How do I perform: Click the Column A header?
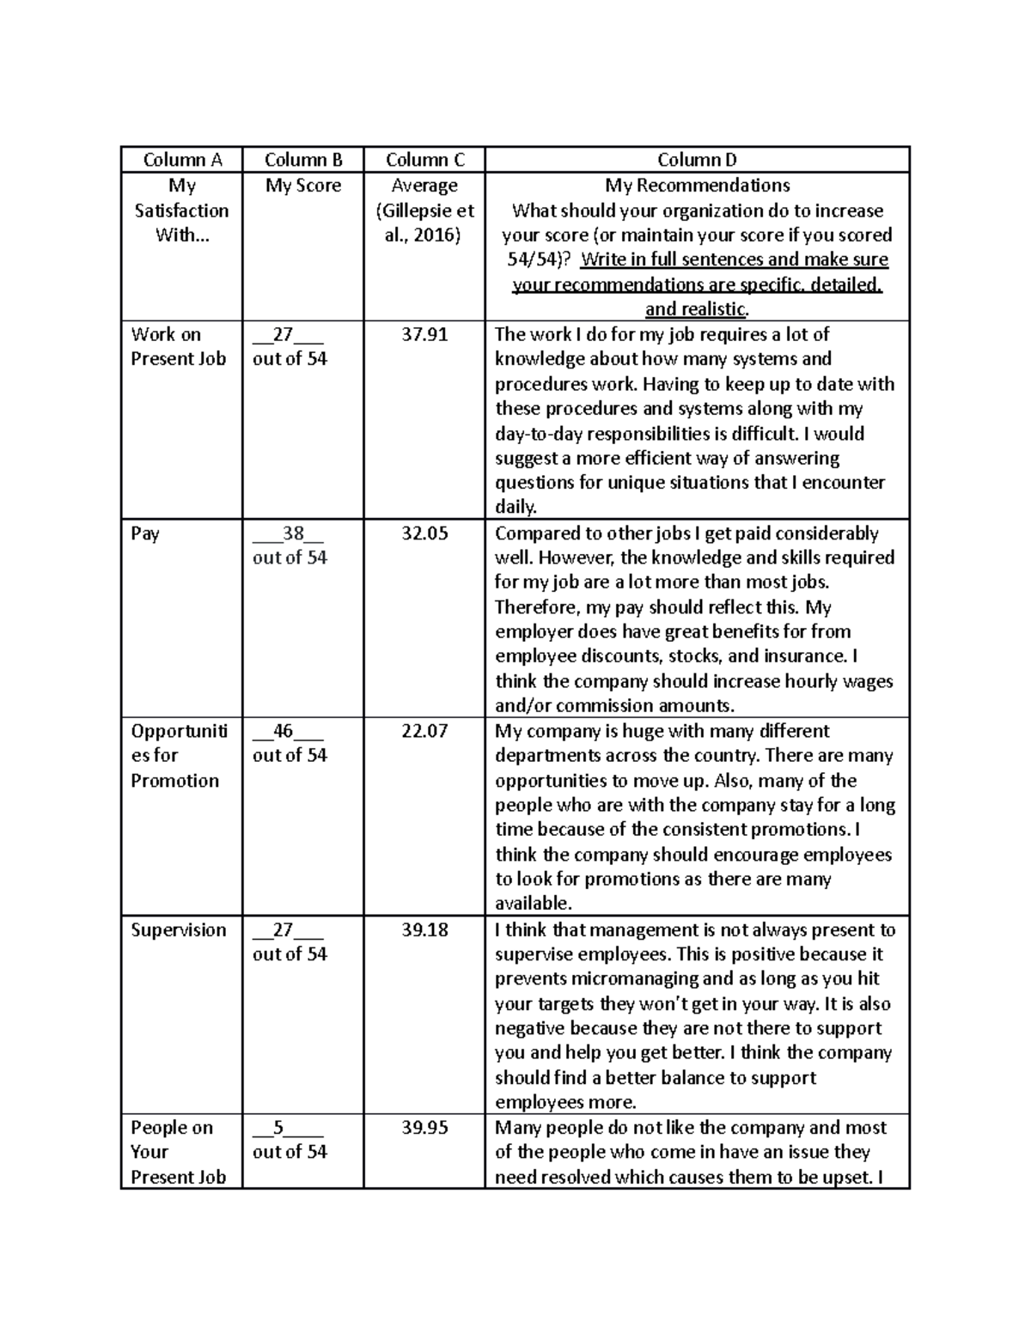[182, 160]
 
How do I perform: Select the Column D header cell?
[697, 160]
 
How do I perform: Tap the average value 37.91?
[424, 334]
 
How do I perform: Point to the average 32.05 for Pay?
[424, 533]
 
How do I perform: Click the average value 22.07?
[424, 731]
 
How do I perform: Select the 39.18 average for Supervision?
[424, 929]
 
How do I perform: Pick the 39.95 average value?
[424, 1128]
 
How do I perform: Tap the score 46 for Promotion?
[283, 731]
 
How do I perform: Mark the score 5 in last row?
[278, 1128]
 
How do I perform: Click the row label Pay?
[145, 533]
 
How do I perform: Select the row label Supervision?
[179, 929]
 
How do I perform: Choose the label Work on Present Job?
[178, 346]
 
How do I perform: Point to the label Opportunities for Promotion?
[179, 756]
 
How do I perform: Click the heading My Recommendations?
[697, 186]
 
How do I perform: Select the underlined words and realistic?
[696, 309]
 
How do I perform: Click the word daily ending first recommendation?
[515, 507]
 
